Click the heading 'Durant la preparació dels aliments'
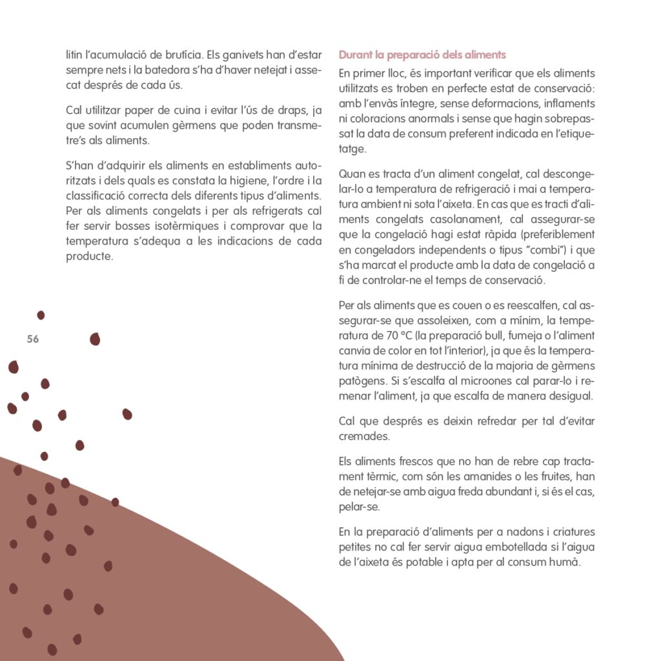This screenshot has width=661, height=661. point(422,55)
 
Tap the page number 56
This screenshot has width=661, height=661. point(33,340)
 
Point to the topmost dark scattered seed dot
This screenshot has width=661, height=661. point(41,315)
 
